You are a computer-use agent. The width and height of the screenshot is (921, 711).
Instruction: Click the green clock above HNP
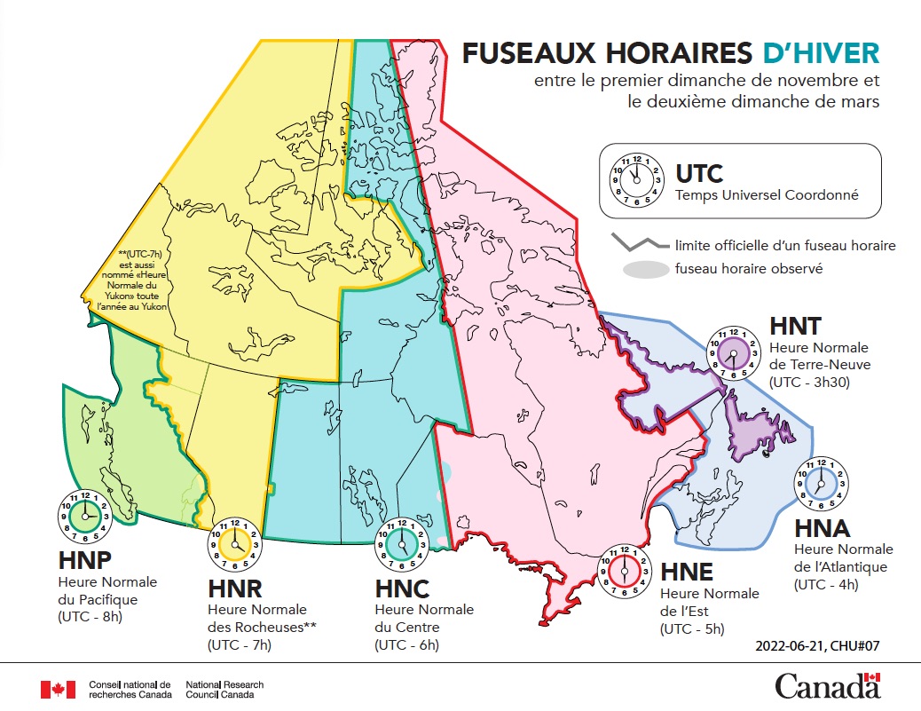pyautogui.click(x=85, y=516)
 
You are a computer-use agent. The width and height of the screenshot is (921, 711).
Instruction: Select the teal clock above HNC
pyautogui.click(x=403, y=542)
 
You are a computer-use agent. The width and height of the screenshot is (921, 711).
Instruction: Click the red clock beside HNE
pyautogui.click(x=626, y=571)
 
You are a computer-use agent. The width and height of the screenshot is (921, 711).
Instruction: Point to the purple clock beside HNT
pyautogui.click(x=733, y=353)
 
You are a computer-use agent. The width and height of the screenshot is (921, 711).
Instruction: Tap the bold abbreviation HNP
pyautogui.click(x=85, y=561)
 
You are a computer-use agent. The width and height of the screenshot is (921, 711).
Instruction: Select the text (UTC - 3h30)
pyautogui.click(x=807, y=382)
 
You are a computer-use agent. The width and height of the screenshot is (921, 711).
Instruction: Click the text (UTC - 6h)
pyautogui.click(x=407, y=644)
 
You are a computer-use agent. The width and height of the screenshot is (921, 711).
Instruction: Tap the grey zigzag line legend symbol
pyautogui.click(x=639, y=242)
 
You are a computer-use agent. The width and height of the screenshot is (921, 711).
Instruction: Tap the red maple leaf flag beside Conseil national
pyautogui.click(x=58, y=690)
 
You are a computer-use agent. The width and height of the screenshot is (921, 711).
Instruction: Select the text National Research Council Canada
pyautogui.click(x=224, y=690)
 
